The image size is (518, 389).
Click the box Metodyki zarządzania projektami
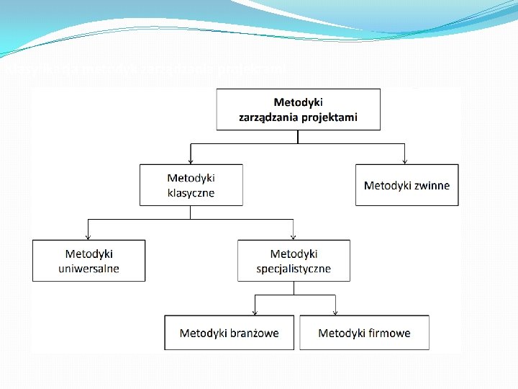point(298,109)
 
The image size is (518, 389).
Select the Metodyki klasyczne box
point(191,185)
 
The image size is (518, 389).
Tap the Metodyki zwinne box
point(406,185)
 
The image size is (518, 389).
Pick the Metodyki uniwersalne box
point(88,261)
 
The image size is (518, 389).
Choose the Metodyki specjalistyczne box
point(294,261)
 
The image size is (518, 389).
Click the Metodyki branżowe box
point(229,333)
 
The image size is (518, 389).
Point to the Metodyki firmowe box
point(364,333)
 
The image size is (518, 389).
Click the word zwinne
point(430,185)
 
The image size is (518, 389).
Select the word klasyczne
point(191,193)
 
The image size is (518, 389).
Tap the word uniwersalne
point(88,269)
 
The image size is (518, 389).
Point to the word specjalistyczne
point(294,269)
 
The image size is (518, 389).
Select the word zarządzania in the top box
point(266,117)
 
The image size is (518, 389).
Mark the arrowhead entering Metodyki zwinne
point(405,161)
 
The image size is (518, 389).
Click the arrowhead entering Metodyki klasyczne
point(190,161)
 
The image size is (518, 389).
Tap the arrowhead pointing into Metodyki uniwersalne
point(88,236)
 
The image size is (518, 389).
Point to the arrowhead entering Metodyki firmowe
point(336,312)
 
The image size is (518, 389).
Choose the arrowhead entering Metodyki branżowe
point(256,312)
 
